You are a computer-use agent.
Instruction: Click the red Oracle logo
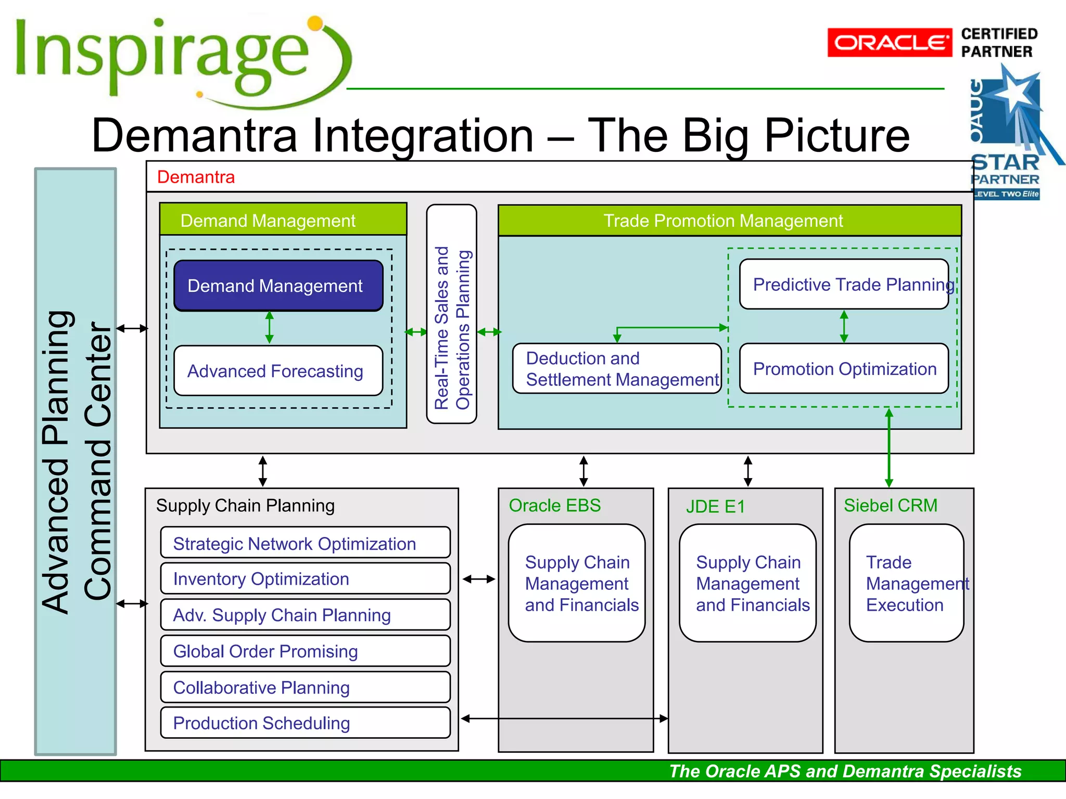[x=889, y=42]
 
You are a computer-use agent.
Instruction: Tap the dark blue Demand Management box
[x=278, y=286]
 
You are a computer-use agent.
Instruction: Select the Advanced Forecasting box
[x=278, y=371]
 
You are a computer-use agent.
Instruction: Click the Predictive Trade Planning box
[x=844, y=285]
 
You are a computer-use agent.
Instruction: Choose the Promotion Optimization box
[x=844, y=369]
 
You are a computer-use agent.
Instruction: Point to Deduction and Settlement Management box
[x=617, y=369]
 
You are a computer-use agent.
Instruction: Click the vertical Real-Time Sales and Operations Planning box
[x=451, y=314]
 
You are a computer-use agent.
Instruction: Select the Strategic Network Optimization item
[x=305, y=544]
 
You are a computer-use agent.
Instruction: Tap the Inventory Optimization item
[x=305, y=579]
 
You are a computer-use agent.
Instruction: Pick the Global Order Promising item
[x=305, y=651]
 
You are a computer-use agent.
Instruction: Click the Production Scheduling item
[x=305, y=723]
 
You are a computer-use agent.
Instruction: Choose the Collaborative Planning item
[x=305, y=688]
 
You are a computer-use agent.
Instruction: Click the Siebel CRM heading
[x=890, y=506]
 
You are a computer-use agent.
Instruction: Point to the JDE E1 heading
[x=715, y=507]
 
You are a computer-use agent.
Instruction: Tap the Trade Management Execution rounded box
[x=906, y=583]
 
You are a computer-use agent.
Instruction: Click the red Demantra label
[x=196, y=177]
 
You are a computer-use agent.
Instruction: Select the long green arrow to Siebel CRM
[x=889, y=447]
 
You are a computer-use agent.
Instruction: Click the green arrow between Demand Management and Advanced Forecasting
[x=269, y=328]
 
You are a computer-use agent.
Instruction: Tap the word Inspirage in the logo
[x=161, y=55]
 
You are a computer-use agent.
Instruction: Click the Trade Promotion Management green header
[x=729, y=221]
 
